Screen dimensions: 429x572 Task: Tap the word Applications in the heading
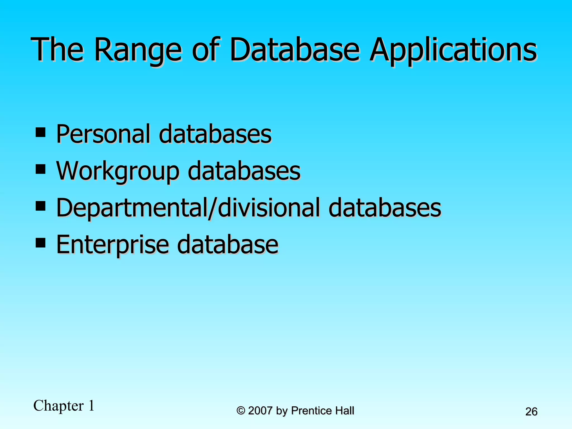pos(453,50)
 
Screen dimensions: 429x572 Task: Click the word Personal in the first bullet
pos(105,134)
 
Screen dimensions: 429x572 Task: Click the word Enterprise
pos(113,245)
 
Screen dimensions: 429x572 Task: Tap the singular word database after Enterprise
pos(228,245)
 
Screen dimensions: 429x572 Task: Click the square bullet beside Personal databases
pos(40,132)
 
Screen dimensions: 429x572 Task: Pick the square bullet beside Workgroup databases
pos(40,169)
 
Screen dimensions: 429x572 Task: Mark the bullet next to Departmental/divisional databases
pos(40,206)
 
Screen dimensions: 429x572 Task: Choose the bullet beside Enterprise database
pos(40,243)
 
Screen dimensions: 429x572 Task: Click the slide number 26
pos(531,412)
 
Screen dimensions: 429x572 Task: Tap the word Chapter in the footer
pos(59,406)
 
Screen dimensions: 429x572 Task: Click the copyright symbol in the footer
pos(240,411)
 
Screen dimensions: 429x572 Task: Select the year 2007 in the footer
pos(260,411)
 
